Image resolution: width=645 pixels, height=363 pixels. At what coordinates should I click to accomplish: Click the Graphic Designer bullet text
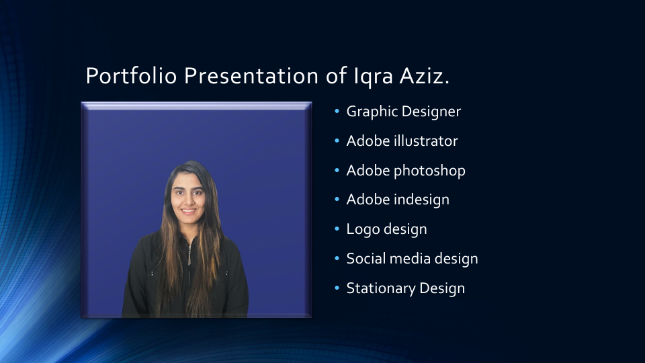(x=403, y=112)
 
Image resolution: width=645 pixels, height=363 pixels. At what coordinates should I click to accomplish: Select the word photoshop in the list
(x=429, y=171)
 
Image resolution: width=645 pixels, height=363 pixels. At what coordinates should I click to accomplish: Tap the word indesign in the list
(x=422, y=200)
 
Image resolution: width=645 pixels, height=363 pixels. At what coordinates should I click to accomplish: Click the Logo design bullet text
(x=386, y=229)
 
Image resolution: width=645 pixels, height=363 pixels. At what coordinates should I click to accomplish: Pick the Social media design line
(x=412, y=259)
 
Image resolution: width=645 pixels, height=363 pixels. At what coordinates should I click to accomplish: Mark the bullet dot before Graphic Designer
(x=337, y=112)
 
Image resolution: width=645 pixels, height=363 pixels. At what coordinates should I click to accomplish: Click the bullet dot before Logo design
(x=337, y=230)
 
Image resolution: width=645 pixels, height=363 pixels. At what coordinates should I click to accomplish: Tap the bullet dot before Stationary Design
(x=337, y=289)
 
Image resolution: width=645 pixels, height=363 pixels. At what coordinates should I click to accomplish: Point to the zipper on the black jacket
(x=190, y=255)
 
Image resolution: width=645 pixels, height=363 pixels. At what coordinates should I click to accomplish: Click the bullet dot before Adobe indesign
(x=337, y=200)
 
